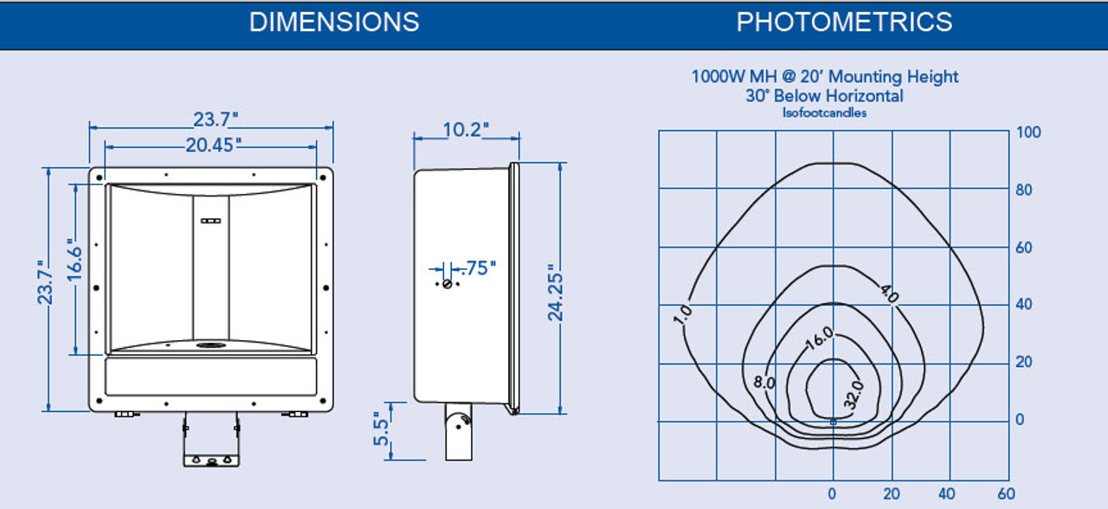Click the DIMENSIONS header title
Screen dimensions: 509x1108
(x=334, y=22)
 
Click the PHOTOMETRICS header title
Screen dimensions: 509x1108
(x=844, y=22)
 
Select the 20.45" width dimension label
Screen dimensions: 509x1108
(x=213, y=145)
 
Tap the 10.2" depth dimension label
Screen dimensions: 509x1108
(x=466, y=129)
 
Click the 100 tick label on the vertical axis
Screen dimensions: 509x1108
(x=1028, y=132)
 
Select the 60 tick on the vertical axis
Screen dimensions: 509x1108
(x=1024, y=248)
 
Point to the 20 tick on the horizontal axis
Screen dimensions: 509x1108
(x=892, y=493)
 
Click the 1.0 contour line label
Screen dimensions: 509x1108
(x=682, y=314)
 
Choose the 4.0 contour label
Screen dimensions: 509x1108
(x=889, y=293)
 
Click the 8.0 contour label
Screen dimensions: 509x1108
(x=764, y=381)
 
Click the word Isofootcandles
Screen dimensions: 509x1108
(x=824, y=113)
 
